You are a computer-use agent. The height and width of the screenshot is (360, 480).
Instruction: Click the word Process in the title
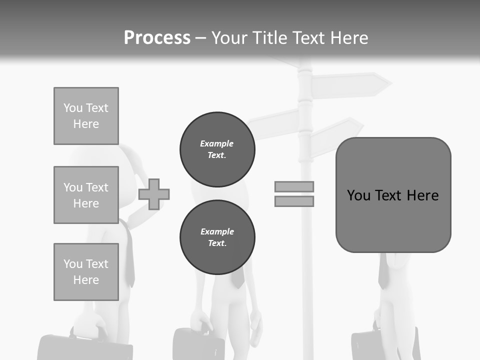coord(157,38)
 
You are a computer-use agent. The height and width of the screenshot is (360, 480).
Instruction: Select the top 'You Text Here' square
coord(86,116)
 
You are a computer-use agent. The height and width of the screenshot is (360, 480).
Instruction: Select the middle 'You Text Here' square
coord(86,195)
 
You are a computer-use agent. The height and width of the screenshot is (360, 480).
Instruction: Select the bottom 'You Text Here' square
coord(86,272)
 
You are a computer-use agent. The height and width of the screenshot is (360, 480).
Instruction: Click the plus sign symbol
coord(154,194)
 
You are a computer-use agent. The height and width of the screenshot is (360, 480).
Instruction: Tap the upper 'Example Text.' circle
coord(217,149)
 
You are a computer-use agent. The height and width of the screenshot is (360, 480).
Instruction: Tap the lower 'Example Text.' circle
coord(217,237)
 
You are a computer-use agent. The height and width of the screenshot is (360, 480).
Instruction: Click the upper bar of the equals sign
coord(294,186)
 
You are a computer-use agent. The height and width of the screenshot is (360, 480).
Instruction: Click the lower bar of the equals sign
coord(294,201)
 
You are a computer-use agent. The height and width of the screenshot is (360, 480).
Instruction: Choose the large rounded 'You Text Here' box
coord(393,195)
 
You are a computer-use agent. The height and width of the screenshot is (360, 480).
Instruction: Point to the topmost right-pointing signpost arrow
coord(350,85)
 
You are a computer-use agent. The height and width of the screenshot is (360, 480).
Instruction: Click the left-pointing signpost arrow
coord(272,124)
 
